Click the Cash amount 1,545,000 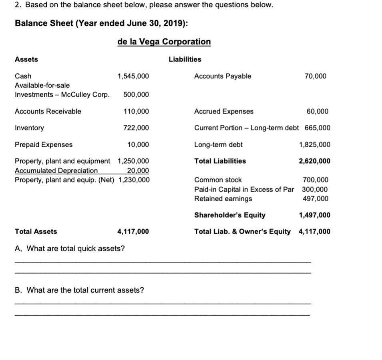(x=133, y=76)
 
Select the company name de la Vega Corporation (x=164, y=42)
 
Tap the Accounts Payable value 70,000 (x=316, y=76)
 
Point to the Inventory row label (x=29, y=128)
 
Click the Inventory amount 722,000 (x=136, y=128)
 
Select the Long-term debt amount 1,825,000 (x=315, y=144)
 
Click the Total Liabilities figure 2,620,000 (x=315, y=161)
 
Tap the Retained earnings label (x=223, y=199)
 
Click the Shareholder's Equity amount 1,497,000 (x=315, y=215)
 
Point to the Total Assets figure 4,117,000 (x=133, y=231)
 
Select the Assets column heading (x=26, y=59)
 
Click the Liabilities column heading (x=185, y=59)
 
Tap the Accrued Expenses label (x=223, y=111)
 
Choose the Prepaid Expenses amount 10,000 (x=138, y=144)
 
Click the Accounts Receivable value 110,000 (x=136, y=111)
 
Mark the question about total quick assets (x=70, y=248)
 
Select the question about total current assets (x=79, y=290)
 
